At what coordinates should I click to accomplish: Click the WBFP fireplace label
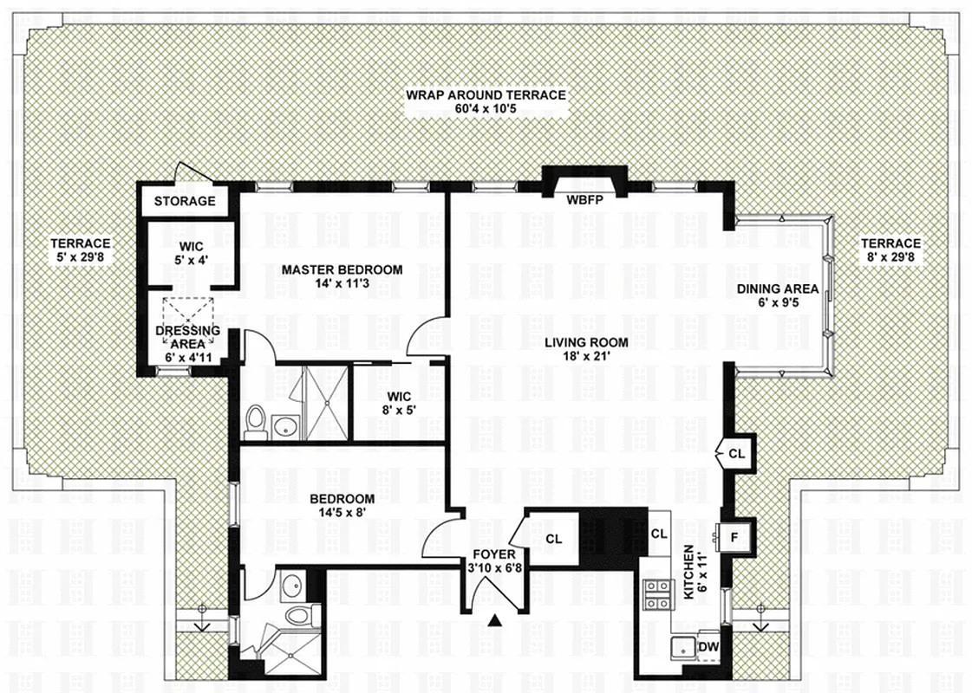(x=584, y=200)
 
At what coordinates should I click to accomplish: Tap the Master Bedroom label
(x=342, y=269)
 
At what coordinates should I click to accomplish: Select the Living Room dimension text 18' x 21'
(x=586, y=356)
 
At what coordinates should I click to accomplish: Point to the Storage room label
(x=185, y=201)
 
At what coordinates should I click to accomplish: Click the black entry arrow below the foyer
(x=496, y=619)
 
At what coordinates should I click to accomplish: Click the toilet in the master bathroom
(x=254, y=421)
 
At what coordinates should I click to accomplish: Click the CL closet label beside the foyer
(x=553, y=539)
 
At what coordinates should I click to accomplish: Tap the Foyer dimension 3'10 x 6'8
(x=495, y=568)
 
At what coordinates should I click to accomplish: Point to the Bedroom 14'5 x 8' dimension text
(x=342, y=513)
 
